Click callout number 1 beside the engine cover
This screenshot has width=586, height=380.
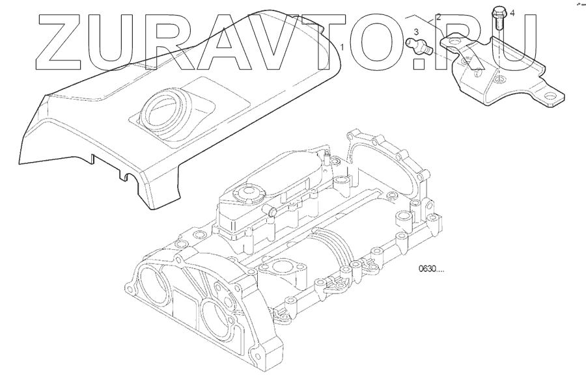tap(342, 47)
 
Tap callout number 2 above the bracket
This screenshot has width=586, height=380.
tap(438, 17)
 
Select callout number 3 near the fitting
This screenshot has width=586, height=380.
tap(416, 32)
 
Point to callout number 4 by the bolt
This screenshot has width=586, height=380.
tap(512, 14)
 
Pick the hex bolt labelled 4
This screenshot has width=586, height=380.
tap(499, 18)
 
